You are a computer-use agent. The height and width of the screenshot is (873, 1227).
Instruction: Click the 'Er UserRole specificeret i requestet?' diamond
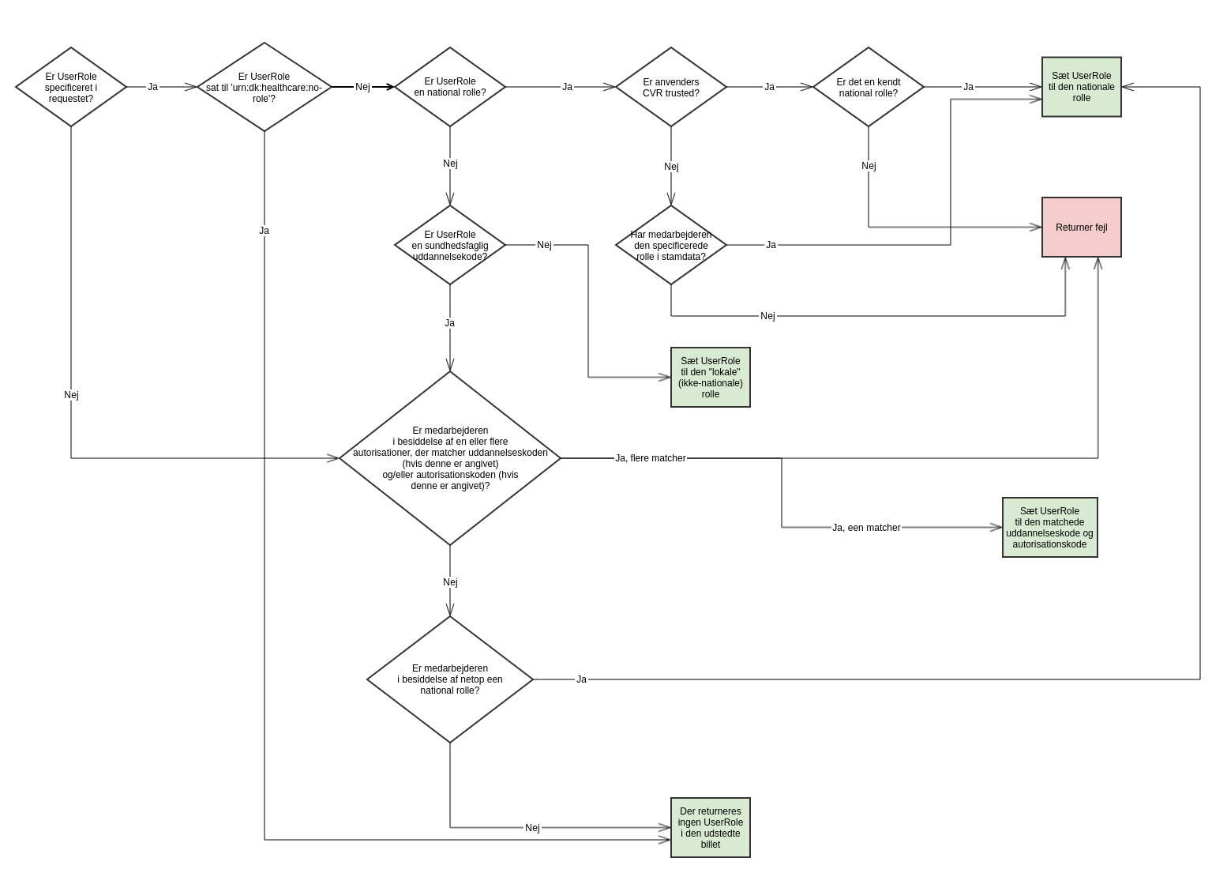71,87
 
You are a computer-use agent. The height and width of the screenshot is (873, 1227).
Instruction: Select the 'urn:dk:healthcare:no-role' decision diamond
264,87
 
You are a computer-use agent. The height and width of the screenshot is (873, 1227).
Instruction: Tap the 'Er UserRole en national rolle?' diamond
450,87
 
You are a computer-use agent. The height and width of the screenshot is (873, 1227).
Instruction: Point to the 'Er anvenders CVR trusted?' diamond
671,87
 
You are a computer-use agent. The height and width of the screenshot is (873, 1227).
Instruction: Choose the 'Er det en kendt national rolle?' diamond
869,87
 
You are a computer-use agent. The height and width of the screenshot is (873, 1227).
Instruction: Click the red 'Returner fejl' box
1081,228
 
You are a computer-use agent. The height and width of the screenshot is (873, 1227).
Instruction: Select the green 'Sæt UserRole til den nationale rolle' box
1081,87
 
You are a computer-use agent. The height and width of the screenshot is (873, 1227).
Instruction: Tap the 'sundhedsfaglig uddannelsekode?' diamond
450,245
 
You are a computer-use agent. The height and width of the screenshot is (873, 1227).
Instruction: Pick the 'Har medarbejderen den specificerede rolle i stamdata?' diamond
671,245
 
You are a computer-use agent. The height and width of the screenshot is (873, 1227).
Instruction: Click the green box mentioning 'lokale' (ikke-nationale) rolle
710,378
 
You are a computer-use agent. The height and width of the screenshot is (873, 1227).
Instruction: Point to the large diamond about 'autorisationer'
450,458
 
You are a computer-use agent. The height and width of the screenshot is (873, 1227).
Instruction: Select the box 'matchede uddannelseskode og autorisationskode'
1049,528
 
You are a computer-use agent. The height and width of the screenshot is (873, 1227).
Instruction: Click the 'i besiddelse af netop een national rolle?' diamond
450,679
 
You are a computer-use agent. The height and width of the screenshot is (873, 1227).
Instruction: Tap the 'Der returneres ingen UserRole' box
710,828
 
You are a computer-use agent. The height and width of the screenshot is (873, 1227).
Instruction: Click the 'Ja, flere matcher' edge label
650,458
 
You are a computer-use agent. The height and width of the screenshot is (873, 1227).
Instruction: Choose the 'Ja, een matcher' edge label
866,528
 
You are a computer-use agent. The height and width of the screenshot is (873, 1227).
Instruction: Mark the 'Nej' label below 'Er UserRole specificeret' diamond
71,395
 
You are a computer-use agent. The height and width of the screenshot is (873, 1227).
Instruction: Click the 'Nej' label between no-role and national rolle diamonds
362,87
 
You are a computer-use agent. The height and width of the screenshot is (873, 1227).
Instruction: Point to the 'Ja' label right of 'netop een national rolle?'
581,679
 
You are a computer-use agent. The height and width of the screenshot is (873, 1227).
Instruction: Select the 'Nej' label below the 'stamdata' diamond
767,316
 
